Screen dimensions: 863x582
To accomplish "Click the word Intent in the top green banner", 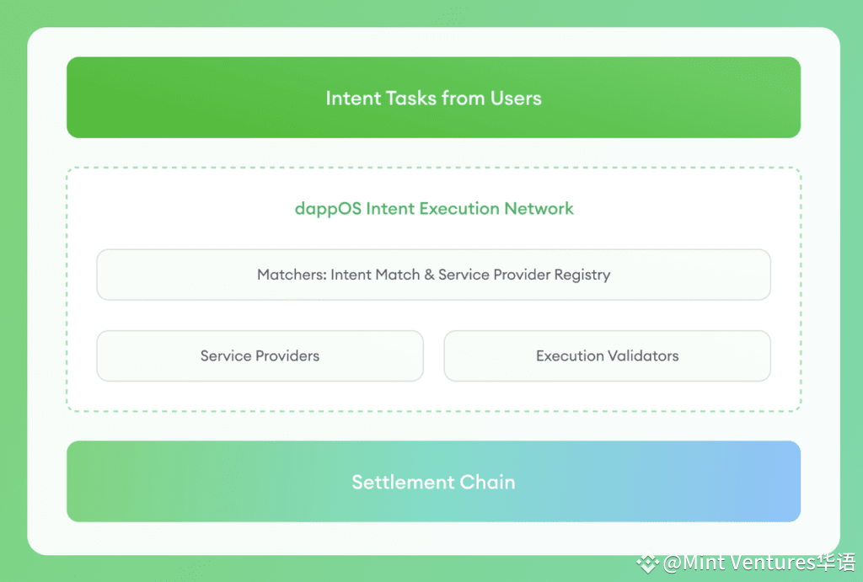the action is (353, 98).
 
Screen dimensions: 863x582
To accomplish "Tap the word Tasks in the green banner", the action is (411, 98).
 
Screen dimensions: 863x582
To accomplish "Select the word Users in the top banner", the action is (516, 98).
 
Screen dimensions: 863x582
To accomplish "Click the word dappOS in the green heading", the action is (328, 209).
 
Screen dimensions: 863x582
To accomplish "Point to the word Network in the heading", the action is (539, 209).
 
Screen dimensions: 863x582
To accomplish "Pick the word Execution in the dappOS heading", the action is (459, 209).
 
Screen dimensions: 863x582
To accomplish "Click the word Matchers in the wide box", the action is (291, 275).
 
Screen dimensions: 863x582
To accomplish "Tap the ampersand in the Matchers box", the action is (429, 275).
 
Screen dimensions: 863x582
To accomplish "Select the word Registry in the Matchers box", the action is (582, 275).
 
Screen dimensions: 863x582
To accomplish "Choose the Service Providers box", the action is (260, 356).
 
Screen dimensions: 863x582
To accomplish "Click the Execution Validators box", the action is (607, 356).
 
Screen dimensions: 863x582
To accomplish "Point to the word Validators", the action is (643, 356).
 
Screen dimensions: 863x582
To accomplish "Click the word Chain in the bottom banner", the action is (488, 482).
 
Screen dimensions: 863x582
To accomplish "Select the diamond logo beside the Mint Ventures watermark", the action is (648, 563).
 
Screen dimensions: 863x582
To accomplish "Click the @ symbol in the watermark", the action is (673, 563).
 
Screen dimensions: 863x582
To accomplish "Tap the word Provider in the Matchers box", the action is (522, 275).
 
